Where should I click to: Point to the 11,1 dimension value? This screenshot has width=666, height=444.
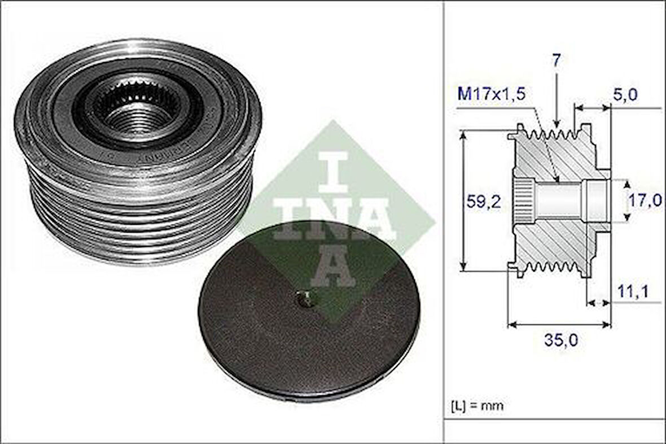[633, 291]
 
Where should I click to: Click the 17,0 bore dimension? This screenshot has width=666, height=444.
[646, 200]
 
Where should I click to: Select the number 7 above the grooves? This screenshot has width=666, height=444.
[557, 61]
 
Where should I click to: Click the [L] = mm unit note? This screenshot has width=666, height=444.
[477, 405]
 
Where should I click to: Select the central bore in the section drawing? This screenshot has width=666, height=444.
[559, 200]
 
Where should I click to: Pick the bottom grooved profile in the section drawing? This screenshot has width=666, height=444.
[553, 265]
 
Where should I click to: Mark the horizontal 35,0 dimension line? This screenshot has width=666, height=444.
[560, 325]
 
